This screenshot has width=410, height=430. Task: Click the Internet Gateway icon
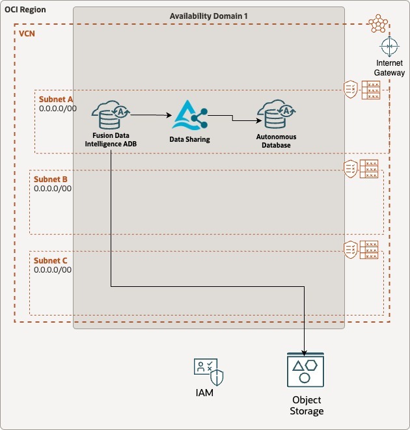[389, 47]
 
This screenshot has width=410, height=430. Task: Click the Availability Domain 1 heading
[208, 16]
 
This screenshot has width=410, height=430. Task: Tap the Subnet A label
[56, 99]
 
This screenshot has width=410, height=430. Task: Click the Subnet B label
[51, 179]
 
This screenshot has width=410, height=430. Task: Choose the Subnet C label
[51, 261]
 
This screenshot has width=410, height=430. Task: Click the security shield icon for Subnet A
[351, 90]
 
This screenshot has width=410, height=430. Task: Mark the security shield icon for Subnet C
[351, 249]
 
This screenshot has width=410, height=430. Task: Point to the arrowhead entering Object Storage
[304, 352]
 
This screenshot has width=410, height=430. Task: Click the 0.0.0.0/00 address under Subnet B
[53, 189]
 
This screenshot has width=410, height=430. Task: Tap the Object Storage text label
[307, 405]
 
